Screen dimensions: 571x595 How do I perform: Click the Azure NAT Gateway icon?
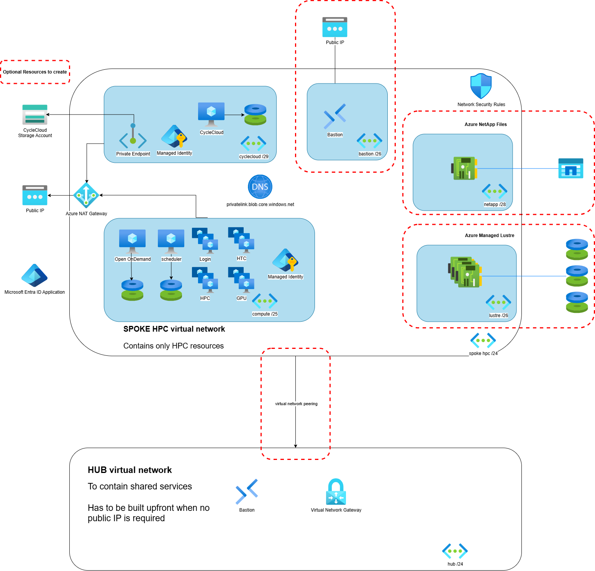tap(86, 195)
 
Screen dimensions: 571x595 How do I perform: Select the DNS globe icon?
tap(260, 187)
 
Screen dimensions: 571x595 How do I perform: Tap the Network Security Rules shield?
tap(481, 86)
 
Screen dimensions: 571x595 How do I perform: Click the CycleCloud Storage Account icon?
tap(35, 115)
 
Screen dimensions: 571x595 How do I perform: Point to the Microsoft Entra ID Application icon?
tap(34, 275)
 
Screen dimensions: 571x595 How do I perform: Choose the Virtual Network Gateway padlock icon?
tap(336, 492)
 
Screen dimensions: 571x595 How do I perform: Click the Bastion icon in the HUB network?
tap(247, 492)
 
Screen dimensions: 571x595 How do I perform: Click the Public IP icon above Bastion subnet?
tap(335, 27)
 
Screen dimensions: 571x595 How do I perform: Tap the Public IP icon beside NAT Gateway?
tap(35, 195)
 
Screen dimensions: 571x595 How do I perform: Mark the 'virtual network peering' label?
tap(296, 404)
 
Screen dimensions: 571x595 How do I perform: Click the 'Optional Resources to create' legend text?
tap(35, 72)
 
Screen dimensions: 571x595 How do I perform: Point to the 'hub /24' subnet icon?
tap(455, 551)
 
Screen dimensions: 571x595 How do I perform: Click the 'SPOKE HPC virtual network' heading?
tap(174, 329)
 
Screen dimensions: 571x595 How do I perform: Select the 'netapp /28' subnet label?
tap(495, 205)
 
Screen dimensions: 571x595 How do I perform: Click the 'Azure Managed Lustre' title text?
tap(489, 236)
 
